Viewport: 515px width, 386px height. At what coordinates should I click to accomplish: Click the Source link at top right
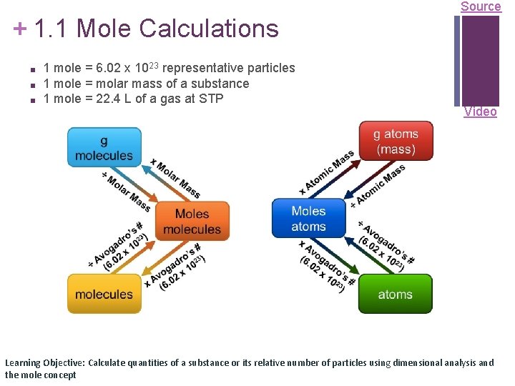pyautogui.click(x=480, y=6)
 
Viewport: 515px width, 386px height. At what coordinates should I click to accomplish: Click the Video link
pyautogui.click(x=480, y=112)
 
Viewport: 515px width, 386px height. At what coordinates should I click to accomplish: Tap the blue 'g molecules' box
pyautogui.click(x=104, y=147)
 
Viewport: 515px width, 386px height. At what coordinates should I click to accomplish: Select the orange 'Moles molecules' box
pyautogui.click(x=192, y=222)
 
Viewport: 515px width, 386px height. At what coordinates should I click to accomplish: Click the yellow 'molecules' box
pyautogui.click(x=104, y=294)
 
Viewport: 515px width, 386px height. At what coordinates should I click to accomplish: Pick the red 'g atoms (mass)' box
pyautogui.click(x=396, y=142)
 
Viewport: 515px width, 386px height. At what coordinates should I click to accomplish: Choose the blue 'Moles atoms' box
pyautogui.click(x=308, y=219)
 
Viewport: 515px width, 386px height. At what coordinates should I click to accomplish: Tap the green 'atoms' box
pyautogui.click(x=395, y=294)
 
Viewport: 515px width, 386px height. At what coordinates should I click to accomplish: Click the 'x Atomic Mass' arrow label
pyautogui.click(x=327, y=172)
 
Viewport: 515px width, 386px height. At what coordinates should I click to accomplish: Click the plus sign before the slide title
pyautogui.click(x=20, y=29)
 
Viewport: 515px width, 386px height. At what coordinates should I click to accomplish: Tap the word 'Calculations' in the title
pyautogui.click(x=208, y=29)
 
